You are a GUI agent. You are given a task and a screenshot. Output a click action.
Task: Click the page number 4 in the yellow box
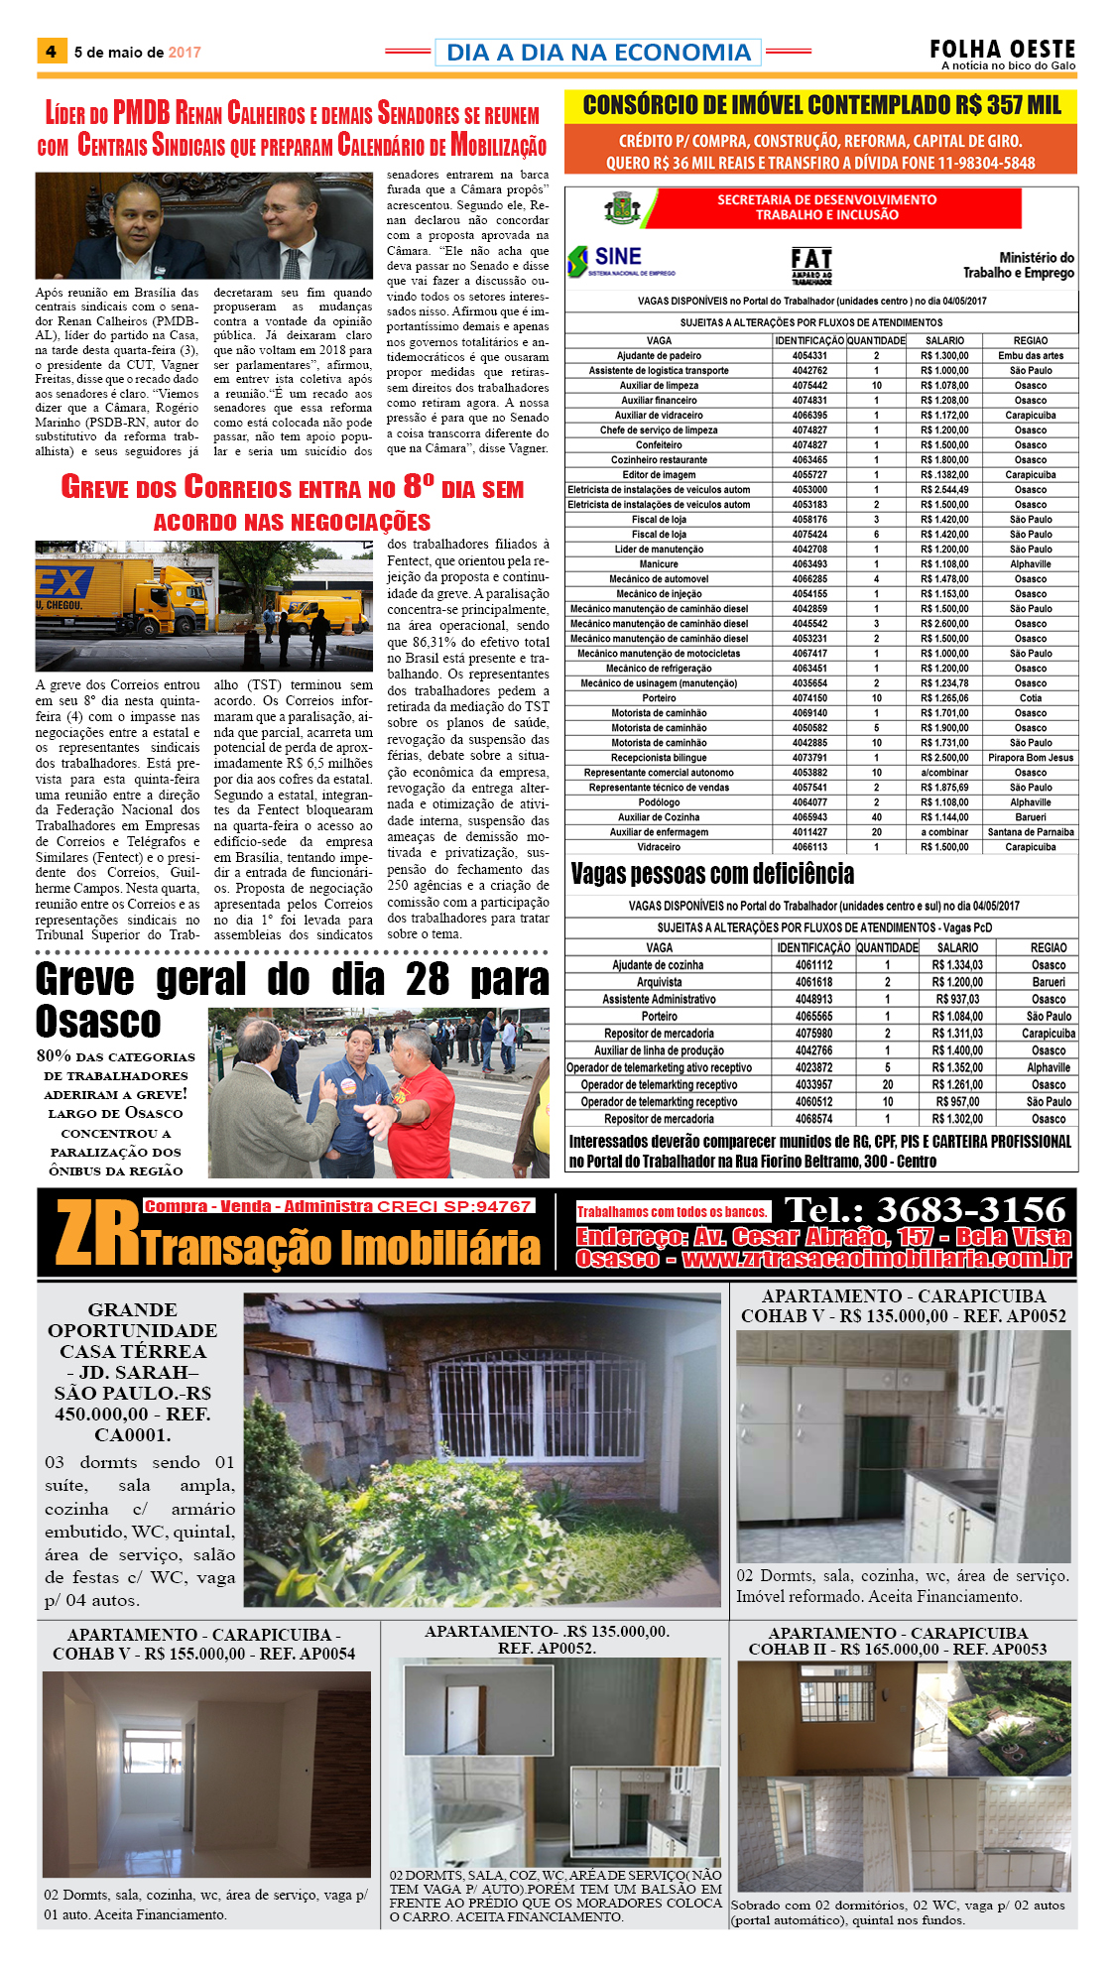[x=51, y=52]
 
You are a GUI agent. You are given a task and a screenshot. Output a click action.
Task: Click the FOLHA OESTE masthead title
[x=1002, y=49]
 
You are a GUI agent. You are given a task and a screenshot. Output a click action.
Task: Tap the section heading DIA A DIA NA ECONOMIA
[x=598, y=53]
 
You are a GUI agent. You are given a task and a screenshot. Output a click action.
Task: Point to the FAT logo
[x=811, y=265]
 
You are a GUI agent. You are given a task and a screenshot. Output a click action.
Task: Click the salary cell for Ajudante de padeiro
[x=943, y=355]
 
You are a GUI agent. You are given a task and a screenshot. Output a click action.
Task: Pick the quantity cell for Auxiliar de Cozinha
[x=876, y=817]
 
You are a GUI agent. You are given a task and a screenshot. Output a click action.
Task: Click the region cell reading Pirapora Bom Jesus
[x=1031, y=758]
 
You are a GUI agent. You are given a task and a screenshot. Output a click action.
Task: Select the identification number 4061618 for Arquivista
[x=813, y=982]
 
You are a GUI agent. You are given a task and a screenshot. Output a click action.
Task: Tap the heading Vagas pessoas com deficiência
[x=712, y=874]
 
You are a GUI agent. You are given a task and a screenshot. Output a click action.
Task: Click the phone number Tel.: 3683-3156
[x=925, y=1210]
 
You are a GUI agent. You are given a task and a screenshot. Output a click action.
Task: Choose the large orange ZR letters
[x=97, y=1235]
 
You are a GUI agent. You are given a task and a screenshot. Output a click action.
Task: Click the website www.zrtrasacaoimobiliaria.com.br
[x=877, y=1260]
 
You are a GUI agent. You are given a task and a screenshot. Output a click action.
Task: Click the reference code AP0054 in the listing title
[x=326, y=1654]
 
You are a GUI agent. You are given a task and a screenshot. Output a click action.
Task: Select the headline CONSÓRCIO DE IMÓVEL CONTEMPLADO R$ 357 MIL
[x=821, y=106]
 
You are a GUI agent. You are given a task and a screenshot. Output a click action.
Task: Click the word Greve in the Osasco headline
[x=84, y=979]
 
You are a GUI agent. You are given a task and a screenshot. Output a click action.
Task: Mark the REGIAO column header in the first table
[x=1030, y=340]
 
